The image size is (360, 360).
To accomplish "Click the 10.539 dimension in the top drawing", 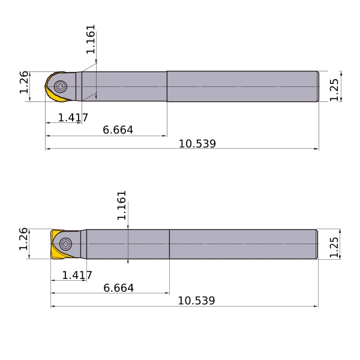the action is [197, 144].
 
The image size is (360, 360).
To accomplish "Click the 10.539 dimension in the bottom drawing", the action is [197, 301].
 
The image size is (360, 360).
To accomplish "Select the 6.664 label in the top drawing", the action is [118, 130].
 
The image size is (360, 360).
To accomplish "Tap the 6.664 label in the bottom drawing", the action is [118, 288].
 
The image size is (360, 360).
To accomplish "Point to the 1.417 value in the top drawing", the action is [73, 118].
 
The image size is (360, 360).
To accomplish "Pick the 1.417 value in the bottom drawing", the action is [77, 275].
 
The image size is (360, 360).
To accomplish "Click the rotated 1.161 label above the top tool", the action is [91, 39].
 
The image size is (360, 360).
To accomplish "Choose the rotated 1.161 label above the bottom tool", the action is [122, 205].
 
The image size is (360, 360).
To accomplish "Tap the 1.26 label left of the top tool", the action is [24, 82].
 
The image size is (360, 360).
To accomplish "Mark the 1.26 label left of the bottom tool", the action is [23, 239].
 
